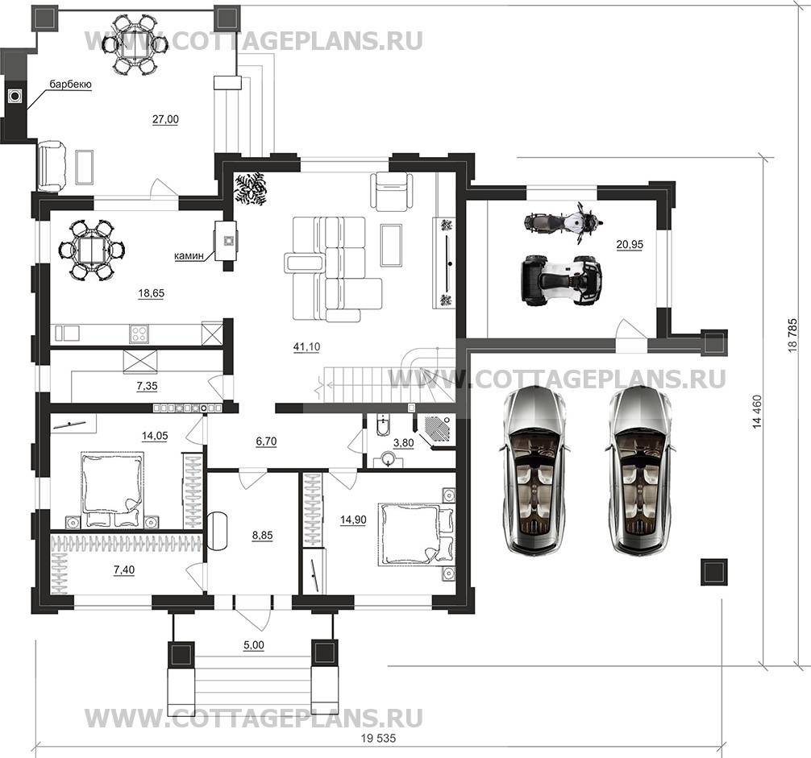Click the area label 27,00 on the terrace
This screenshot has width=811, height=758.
tap(165, 119)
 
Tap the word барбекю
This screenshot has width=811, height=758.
tap(70, 84)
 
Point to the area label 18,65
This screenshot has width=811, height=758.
tap(151, 294)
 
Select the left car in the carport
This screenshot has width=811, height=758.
tap(533, 470)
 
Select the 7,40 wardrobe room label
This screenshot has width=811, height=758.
tap(125, 570)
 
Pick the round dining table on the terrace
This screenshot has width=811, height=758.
tap(135, 43)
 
